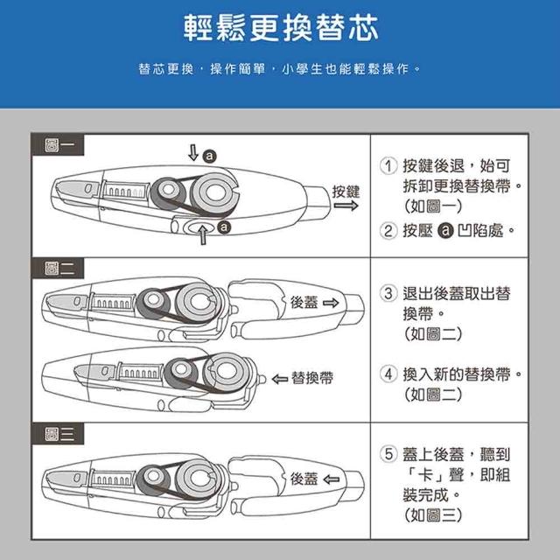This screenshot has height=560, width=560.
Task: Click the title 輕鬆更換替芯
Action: (x=281, y=28)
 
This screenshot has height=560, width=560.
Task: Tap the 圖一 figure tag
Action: (x=58, y=145)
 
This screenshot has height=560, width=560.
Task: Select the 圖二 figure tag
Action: (x=58, y=269)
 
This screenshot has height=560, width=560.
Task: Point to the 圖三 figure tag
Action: (x=58, y=434)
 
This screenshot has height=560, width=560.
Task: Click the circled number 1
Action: (x=388, y=165)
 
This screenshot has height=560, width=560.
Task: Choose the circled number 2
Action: (x=388, y=230)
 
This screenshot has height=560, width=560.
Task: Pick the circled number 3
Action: (x=388, y=293)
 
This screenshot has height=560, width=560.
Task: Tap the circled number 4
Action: (x=388, y=374)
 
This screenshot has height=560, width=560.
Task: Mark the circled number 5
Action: (x=388, y=454)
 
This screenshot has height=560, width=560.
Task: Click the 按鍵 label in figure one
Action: (x=346, y=192)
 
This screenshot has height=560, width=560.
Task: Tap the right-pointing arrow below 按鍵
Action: (x=346, y=206)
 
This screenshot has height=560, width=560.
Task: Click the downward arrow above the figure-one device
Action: (x=193, y=152)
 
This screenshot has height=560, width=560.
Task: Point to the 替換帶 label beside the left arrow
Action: (x=312, y=378)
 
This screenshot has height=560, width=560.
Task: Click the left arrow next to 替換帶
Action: (x=280, y=379)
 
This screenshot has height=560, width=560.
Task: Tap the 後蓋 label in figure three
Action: (x=304, y=479)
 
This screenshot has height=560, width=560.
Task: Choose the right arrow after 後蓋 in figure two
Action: (x=331, y=303)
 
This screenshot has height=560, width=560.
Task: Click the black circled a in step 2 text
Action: (x=445, y=230)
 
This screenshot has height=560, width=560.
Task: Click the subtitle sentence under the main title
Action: (x=280, y=68)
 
